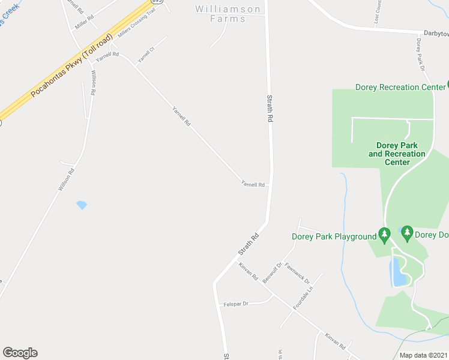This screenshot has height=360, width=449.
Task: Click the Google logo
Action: coord(20,353)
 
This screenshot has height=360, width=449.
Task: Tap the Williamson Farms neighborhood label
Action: coord(229,14)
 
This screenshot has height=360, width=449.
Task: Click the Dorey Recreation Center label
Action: coord(400,87)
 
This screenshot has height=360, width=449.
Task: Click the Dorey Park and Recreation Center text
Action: coord(397,154)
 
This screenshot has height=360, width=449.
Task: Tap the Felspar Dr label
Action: coord(236,304)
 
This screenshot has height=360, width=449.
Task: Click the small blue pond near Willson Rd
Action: coord(82,205)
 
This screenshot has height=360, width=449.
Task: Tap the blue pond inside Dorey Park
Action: coord(398,273)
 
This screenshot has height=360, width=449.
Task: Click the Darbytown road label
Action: coord(436,34)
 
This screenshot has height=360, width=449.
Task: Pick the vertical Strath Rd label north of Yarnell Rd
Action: coord(270,109)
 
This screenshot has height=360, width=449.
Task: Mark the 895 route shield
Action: coord(157,2)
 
